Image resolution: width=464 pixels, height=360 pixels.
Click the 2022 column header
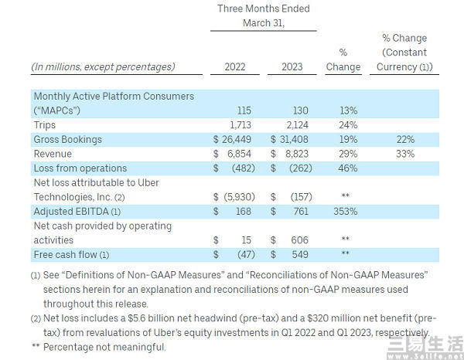click(x=234, y=66)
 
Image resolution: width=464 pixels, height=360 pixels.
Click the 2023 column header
click(x=292, y=66)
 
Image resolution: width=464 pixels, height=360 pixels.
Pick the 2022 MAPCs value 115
click(x=243, y=111)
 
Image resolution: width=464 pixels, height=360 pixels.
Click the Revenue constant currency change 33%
click(x=404, y=154)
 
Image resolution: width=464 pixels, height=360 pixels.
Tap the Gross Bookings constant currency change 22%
click(x=404, y=140)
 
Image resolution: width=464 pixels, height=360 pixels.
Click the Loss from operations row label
click(x=80, y=168)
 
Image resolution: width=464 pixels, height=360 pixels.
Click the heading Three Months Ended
click(x=263, y=9)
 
